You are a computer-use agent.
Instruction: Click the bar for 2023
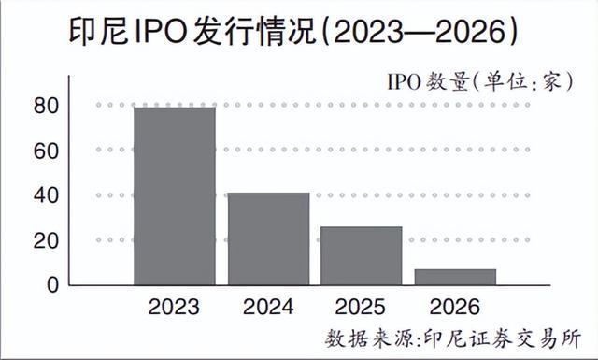tap(175, 196)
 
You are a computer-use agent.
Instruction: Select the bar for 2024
tap(268, 239)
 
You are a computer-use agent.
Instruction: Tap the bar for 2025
tap(362, 256)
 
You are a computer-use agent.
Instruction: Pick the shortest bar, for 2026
tap(455, 277)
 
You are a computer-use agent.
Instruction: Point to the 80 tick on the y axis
tap(47, 106)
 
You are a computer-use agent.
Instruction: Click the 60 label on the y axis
tap(47, 151)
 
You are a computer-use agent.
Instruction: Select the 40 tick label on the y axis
tap(47, 195)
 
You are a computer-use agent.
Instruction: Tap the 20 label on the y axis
tap(47, 241)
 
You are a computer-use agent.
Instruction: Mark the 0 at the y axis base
tap(53, 285)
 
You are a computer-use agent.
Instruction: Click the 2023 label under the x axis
tap(174, 307)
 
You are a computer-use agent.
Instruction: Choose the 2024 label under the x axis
tap(268, 307)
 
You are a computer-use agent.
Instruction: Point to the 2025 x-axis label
tap(361, 307)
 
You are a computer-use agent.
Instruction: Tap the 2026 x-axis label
tap(455, 307)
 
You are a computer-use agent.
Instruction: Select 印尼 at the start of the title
tap(98, 32)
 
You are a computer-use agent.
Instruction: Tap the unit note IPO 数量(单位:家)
tap(480, 81)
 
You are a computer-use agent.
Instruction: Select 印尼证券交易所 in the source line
tap(503, 338)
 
